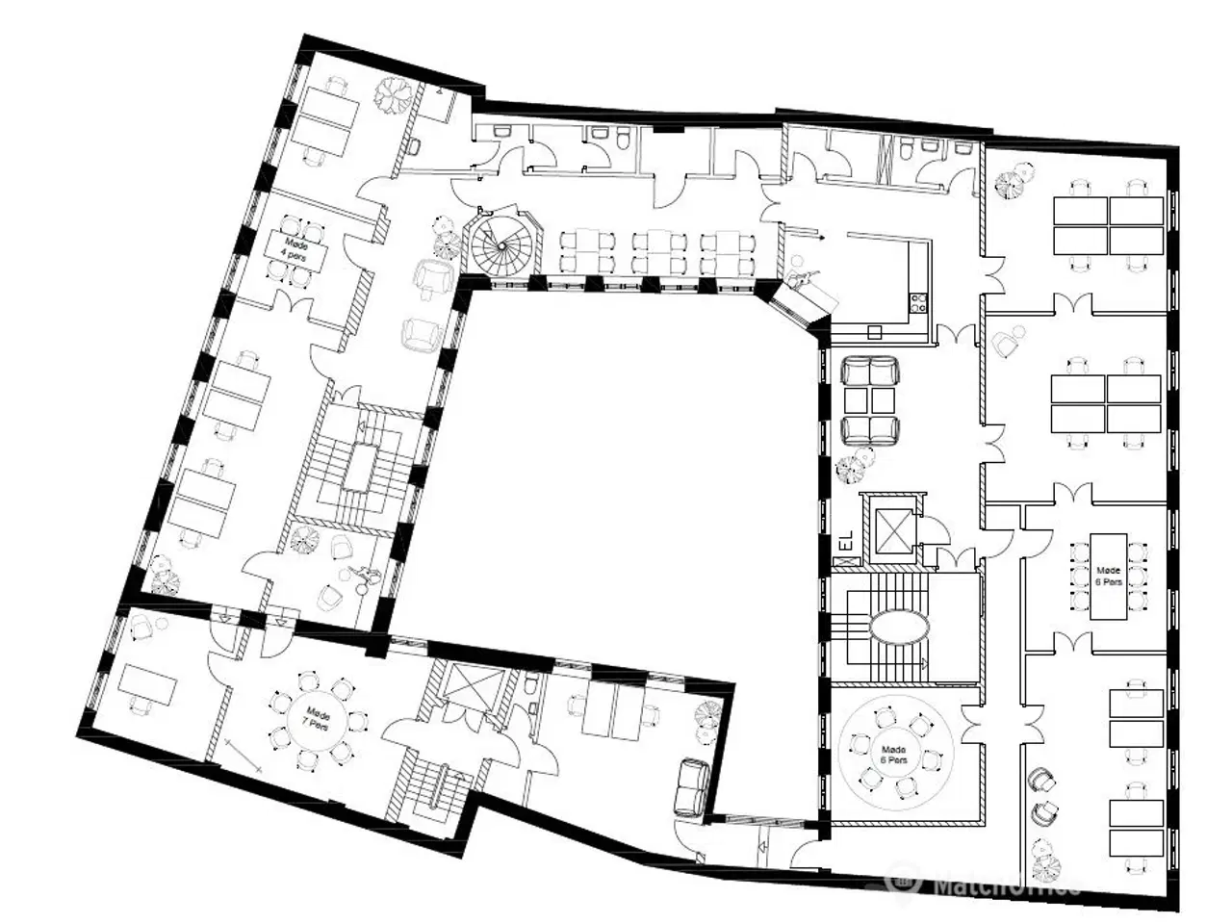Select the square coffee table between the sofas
[869, 400]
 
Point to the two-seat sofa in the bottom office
[693, 786]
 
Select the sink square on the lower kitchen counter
[874, 332]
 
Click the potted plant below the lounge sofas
[850, 469]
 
